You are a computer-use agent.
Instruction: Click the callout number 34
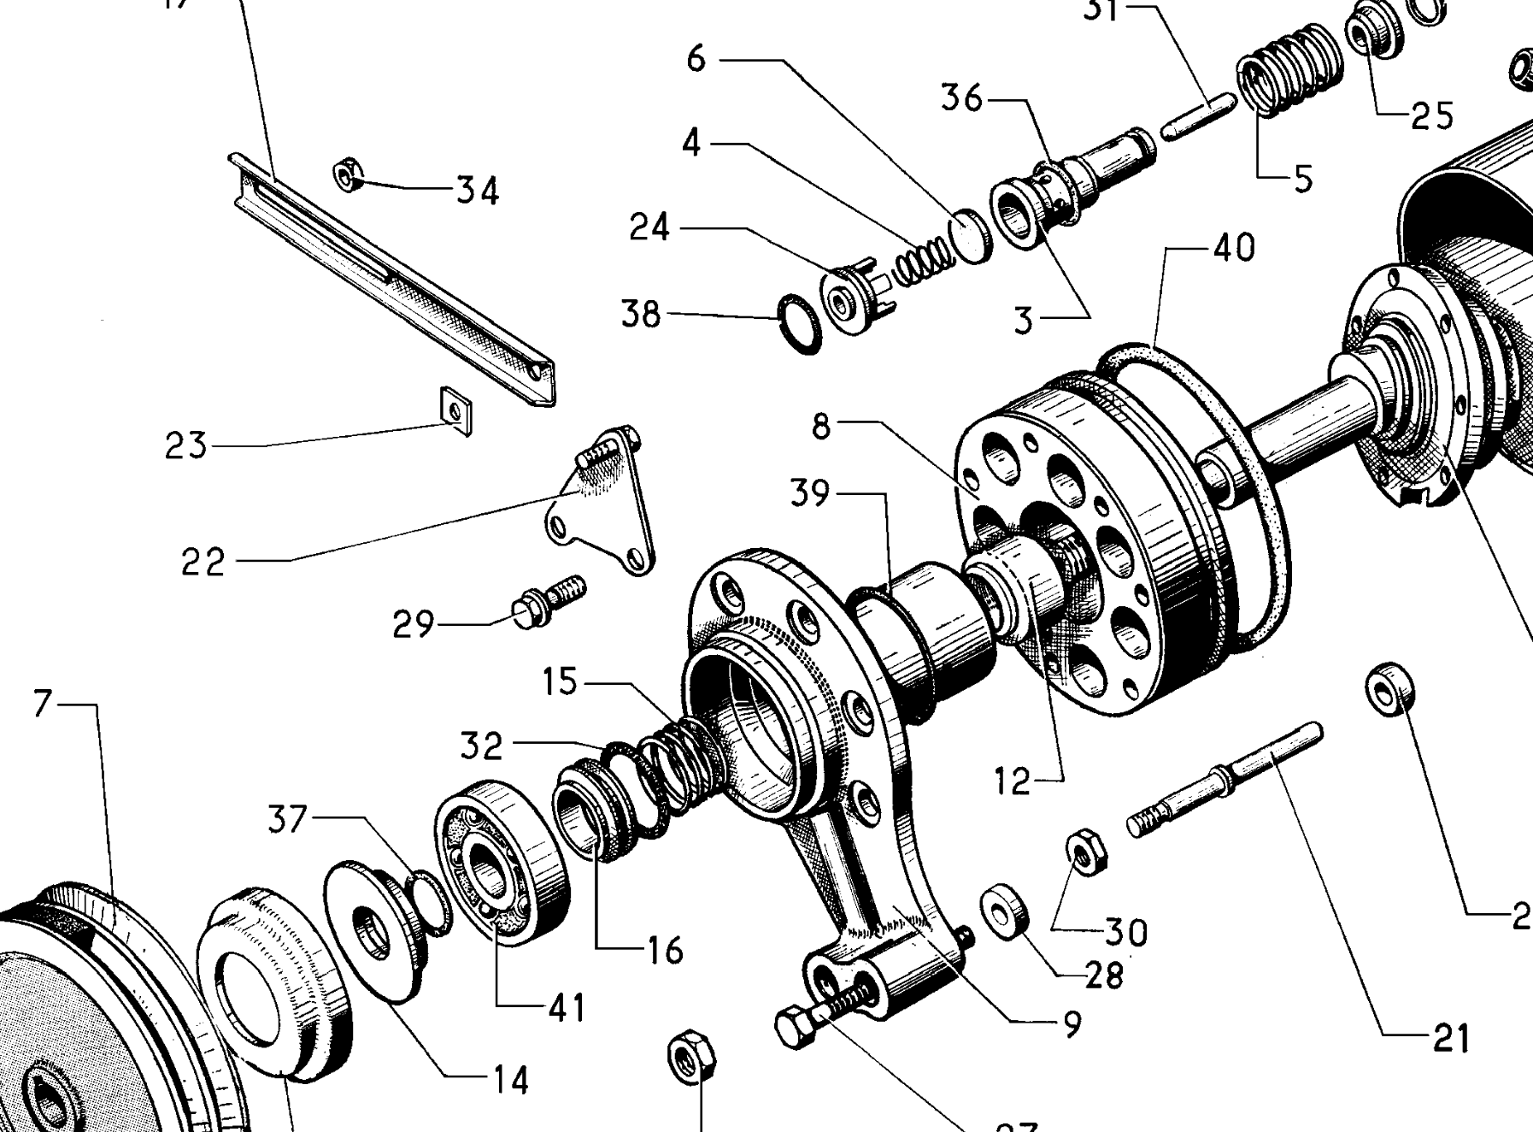point(477,191)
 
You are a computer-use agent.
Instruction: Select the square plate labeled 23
point(455,410)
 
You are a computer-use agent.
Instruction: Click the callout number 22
point(203,562)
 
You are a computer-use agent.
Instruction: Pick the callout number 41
point(567,1008)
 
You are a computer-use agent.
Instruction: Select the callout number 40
point(1233,247)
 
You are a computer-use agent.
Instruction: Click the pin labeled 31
point(1198,115)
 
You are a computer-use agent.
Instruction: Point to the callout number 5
point(1303,180)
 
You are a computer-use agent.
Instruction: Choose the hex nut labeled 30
point(1086,850)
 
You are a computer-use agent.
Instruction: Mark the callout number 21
point(1451,1039)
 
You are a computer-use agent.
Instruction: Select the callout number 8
point(821,425)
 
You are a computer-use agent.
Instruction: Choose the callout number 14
point(510,1082)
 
